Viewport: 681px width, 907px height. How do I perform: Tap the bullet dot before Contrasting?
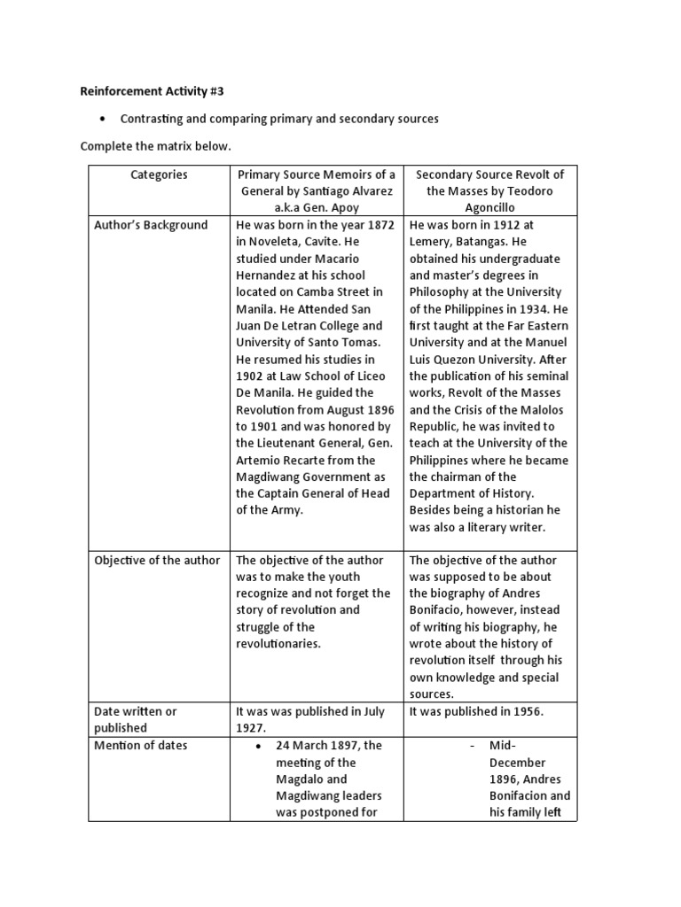tap(104, 119)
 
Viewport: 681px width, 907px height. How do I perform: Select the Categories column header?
tap(159, 174)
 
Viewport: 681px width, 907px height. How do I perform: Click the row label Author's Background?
tap(151, 225)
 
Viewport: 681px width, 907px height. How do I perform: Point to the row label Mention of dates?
tap(141, 746)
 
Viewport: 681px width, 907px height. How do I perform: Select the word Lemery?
tap(432, 242)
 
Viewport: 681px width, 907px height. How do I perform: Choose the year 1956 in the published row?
tap(528, 711)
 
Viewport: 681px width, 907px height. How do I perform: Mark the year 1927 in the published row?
tap(251, 728)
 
